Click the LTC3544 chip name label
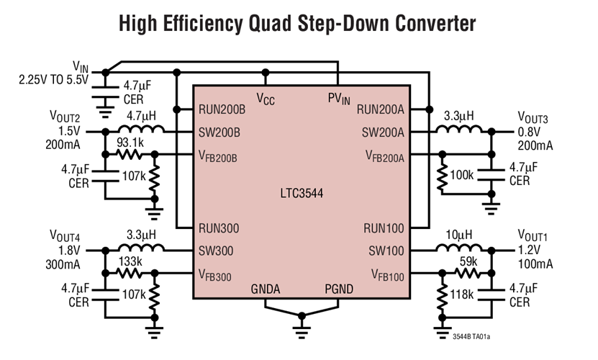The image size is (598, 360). [301, 194]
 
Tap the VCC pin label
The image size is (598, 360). [266, 99]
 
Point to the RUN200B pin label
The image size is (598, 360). [223, 110]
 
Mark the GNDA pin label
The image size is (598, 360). [266, 289]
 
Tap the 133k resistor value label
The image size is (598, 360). [130, 261]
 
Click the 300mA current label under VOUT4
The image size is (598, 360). [65, 264]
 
